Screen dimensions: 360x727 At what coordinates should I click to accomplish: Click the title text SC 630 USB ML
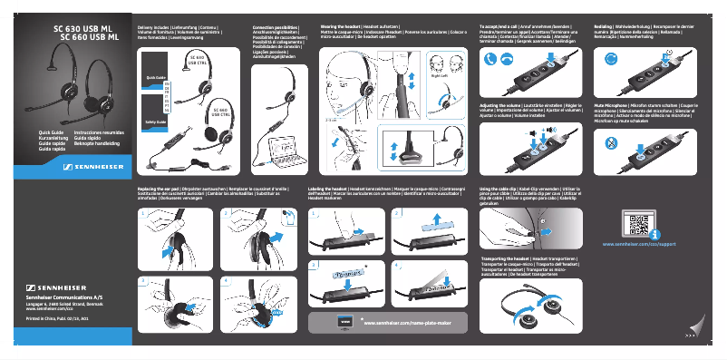click(86, 30)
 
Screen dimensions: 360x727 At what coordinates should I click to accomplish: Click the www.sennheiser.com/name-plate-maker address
click(406, 322)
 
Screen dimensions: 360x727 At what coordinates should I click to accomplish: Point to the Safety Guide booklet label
click(155, 121)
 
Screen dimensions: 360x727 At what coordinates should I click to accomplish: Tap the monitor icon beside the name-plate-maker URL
click(344, 322)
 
